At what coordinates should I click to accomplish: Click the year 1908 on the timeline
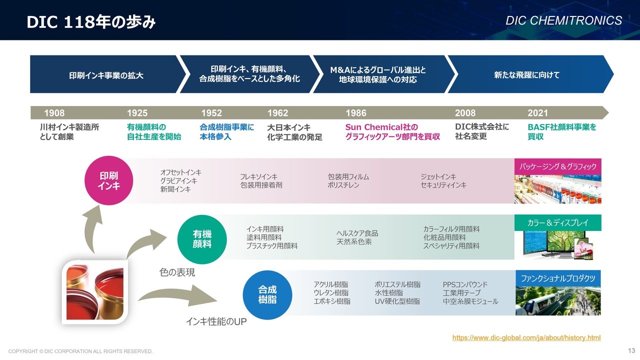(54, 113)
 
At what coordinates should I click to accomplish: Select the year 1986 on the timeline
(356, 113)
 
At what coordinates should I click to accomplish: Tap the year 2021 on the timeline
(537, 113)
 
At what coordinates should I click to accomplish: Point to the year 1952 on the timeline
(211, 113)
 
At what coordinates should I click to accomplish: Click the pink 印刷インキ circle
(109, 180)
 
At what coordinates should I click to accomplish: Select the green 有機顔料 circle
(202, 239)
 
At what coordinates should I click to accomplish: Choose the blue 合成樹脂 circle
(267, 295)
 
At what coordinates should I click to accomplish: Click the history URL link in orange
(526, 337)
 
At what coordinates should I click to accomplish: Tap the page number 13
(631, 350)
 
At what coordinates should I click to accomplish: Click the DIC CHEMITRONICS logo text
(563, 20)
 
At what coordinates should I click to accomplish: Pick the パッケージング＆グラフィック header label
(557, 166)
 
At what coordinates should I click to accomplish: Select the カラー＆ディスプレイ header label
(557, 222)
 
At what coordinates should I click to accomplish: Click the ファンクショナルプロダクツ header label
(558, 278)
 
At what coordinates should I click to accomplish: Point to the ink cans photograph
(95, 292)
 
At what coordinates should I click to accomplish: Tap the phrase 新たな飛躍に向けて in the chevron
(527, 75)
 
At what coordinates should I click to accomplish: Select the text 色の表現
(177, 272)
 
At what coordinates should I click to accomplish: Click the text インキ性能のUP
(216, 321)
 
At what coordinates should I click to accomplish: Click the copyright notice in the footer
(80, 351)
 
